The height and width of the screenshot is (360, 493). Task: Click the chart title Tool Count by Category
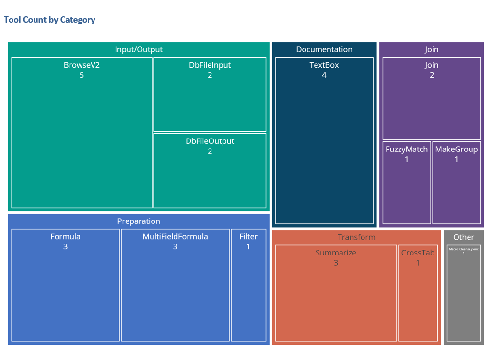(49, 20)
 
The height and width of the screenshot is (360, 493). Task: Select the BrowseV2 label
(82, 65)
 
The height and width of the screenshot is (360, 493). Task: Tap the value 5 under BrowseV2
(82, 75)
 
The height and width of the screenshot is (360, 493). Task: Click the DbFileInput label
(210, 65)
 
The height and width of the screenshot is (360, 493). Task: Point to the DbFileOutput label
(210, 141)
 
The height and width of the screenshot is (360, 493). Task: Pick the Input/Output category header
(139, 49)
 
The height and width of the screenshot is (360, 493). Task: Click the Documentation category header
(324, 49)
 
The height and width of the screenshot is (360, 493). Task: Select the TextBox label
(324, 65)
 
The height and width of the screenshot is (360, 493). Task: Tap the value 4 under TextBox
(324, 75)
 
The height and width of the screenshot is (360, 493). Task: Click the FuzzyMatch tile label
(407, 149)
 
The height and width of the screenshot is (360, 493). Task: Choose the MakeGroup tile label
(456, 149)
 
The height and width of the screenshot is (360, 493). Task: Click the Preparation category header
(139, 221)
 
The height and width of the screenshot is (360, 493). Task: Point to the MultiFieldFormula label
(175, 236)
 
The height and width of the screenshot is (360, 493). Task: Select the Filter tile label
(248, 236)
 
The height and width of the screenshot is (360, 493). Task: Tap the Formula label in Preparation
(65, 236)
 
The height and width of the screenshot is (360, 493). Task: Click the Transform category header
(356, 237)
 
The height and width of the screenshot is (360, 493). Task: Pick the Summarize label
(336, 253)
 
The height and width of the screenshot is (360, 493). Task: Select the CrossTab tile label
(418, 253)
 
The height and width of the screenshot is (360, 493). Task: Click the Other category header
(464, 237)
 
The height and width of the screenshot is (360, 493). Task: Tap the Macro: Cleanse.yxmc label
(464, 249)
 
